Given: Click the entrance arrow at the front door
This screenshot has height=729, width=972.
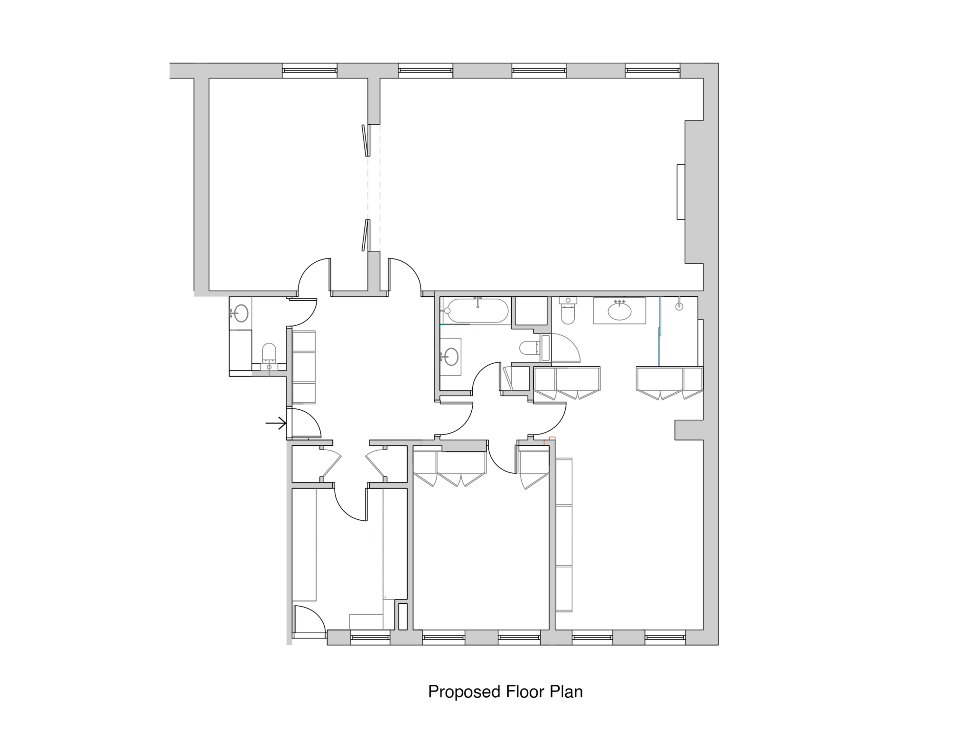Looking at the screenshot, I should (x=276, y=423).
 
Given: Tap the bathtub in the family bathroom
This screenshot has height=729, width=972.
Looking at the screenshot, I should (x=476, y=311).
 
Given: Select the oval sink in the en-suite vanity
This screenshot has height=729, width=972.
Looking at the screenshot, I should (x=619, y=311).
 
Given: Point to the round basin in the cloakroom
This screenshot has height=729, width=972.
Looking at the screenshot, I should (x=241, y=313).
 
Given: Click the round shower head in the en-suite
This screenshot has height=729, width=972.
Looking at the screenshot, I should (x=679, y=306).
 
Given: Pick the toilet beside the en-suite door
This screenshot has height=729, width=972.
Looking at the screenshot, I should (x=568, y=311).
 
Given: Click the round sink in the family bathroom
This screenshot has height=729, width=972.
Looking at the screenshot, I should (x=451, y=357).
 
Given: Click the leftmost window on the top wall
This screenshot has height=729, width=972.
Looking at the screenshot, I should (x=309, y=71).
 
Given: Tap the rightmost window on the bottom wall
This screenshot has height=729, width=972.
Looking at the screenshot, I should (x=665, y=637).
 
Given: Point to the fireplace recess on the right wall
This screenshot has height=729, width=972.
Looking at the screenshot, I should (x=681, y=192).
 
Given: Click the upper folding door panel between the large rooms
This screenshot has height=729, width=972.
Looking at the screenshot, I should (x=365, y=140).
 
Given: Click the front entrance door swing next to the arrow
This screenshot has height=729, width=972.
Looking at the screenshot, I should (x=305, y=423).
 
